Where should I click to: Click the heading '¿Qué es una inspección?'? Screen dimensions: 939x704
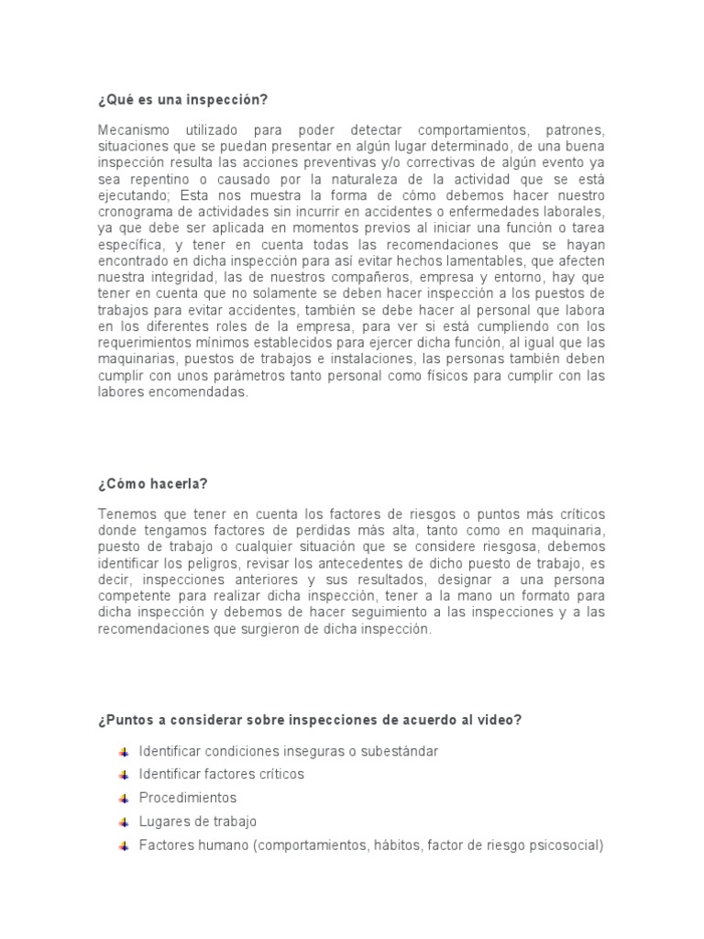tap(184, 99)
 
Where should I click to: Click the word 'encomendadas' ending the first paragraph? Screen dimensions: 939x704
tap(202, 392)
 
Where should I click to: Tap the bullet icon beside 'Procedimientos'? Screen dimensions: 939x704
tap(123, 798)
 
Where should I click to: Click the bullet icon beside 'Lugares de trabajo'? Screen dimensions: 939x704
tap(123, 822)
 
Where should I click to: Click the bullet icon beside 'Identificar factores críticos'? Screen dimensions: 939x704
tap(123, 774)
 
